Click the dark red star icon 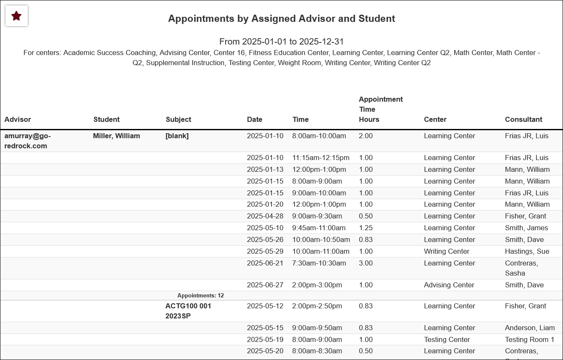point(16,16)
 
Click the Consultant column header point(524,119)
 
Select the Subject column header point(179,119)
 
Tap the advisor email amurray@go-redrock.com point(27,141)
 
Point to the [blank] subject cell point(177,136)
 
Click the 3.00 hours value point(366,263)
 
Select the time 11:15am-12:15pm point(321,158)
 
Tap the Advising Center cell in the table point(449,285)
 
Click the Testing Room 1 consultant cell point(529,339)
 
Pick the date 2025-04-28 point(265,216)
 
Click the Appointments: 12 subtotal point(200,296)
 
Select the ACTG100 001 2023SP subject point(188,311)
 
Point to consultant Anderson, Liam point(530,328)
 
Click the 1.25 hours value point(366,228)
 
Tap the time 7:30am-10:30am point(319,263)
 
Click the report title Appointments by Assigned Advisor point(281,18)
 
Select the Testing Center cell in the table point(447,339)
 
